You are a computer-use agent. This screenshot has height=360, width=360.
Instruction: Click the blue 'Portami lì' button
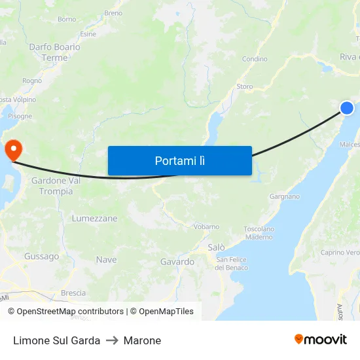pyautogui.click(x=179, y=160)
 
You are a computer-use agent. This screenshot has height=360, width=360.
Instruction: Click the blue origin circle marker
pyautogui.click(x=346, y=108)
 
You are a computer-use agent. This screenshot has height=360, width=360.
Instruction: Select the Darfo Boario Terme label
pyautogui.click(x=54, y=52)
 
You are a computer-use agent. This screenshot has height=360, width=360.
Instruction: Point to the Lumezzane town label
pyautogui.click(x=95, y=218)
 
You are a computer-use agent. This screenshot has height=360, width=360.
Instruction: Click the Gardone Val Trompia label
pyautogui.click(x=56, y=186)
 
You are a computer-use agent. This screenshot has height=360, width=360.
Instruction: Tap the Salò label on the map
pyautogui.click(x=216, y=247)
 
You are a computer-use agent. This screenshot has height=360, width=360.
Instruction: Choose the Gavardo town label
pyautogui.click(x=177, y=262)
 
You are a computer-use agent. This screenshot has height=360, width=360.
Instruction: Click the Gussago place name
pyautogui.click(x=41, y=257)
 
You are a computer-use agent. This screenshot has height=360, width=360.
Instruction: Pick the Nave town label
pyautogui.click(x=106, y=260)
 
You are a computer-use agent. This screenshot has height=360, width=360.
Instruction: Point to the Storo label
pyautogui.click(x=244, y=86)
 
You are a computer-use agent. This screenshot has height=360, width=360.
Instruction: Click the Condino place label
pyautogui.click(x=255, y=59)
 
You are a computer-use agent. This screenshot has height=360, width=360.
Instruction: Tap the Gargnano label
pyautogui.click(x=285, y=196)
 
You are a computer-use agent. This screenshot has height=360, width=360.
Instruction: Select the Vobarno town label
pyautogui.click(x=207, y=226)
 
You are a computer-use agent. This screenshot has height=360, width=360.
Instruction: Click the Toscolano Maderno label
pyautogui.click(x=259, y=233)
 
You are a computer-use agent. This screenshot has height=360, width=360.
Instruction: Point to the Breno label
pyautogui.click(x=113, y=12)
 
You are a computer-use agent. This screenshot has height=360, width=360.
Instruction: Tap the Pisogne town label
pyautogui.click(x=20, y=116)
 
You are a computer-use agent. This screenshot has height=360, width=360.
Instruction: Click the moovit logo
pyautogui.click(x=320, y=339)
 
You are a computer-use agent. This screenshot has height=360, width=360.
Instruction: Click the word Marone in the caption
pyautogui.click(x=142, y=340)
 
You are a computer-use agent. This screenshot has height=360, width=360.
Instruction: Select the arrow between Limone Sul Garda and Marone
pyautogui.click(x=112, y=340)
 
